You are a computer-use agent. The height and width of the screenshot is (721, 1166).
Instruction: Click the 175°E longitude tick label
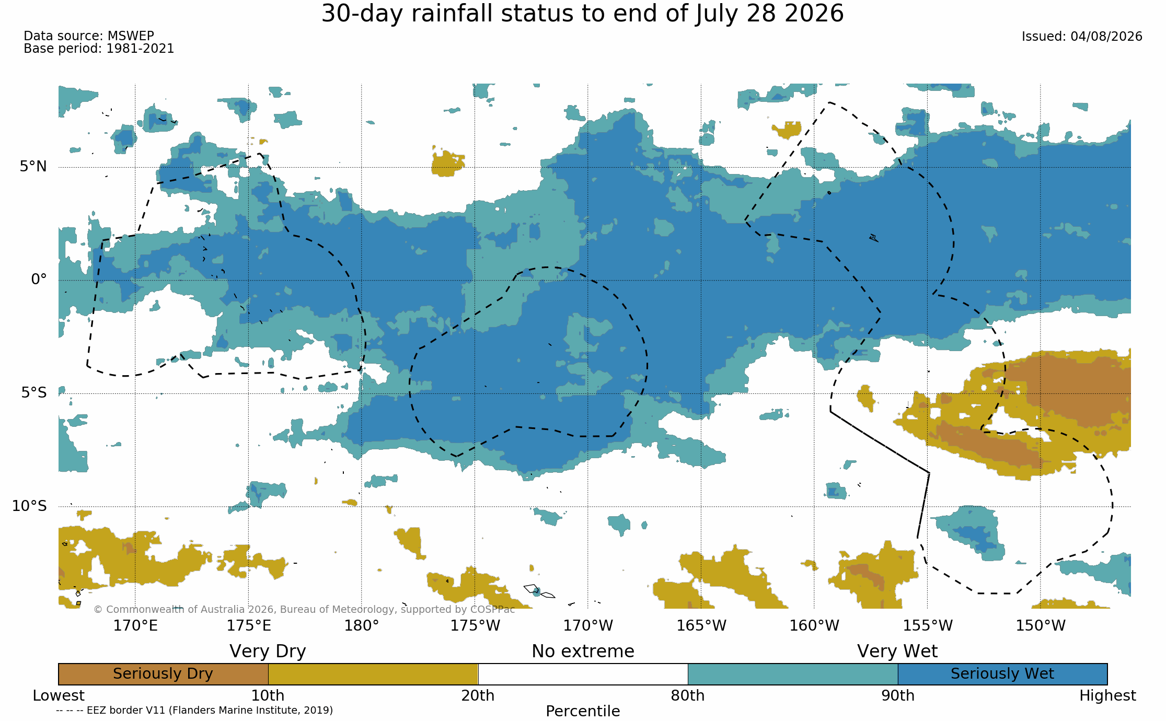click(x=249, y=625)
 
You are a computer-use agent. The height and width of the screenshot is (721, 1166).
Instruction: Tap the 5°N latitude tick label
click(x=33, y=166)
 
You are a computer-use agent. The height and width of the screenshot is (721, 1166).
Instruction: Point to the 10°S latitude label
click(x=29, y=506)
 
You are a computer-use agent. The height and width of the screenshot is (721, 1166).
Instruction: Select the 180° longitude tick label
click(x=362, y=625)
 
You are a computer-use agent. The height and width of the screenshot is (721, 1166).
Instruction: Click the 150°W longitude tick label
click(x=1041, y=625)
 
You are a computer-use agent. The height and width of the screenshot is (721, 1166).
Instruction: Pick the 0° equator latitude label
click(x=39, y=280)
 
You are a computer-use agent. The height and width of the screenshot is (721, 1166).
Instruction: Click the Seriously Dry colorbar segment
click(x=163, y=674)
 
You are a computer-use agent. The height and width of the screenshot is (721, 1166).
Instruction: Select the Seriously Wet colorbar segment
click(x=1002, y=674)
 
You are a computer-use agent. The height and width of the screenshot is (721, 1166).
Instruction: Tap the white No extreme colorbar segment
click(x=583, y=674)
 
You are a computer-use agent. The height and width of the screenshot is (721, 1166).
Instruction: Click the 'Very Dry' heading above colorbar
click(x=268, y=652)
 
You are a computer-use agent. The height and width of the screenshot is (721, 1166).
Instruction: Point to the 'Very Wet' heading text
click(x=897, y=652)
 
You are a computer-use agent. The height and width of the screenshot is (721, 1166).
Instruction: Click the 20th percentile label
click(x=478, y=696)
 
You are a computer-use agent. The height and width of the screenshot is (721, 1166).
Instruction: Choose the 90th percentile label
click(x=898, y=696)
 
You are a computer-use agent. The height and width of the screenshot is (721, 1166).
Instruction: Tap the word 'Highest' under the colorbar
click(x=1107, y=696)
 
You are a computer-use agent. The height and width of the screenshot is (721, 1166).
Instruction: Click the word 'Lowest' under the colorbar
click(x=59, y=696)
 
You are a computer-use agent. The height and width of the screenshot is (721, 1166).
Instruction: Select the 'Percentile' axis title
click(x=583, y=711)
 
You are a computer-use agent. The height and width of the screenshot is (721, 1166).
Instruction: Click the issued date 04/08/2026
click(x=1106, y=37)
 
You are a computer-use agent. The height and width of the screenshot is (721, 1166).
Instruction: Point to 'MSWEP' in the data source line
click(x=131, y=36)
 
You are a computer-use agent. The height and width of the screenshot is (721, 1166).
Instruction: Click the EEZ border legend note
click(x=194, y=710)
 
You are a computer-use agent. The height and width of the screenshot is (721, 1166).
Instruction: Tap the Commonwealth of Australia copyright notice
click(x=304, y=609)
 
